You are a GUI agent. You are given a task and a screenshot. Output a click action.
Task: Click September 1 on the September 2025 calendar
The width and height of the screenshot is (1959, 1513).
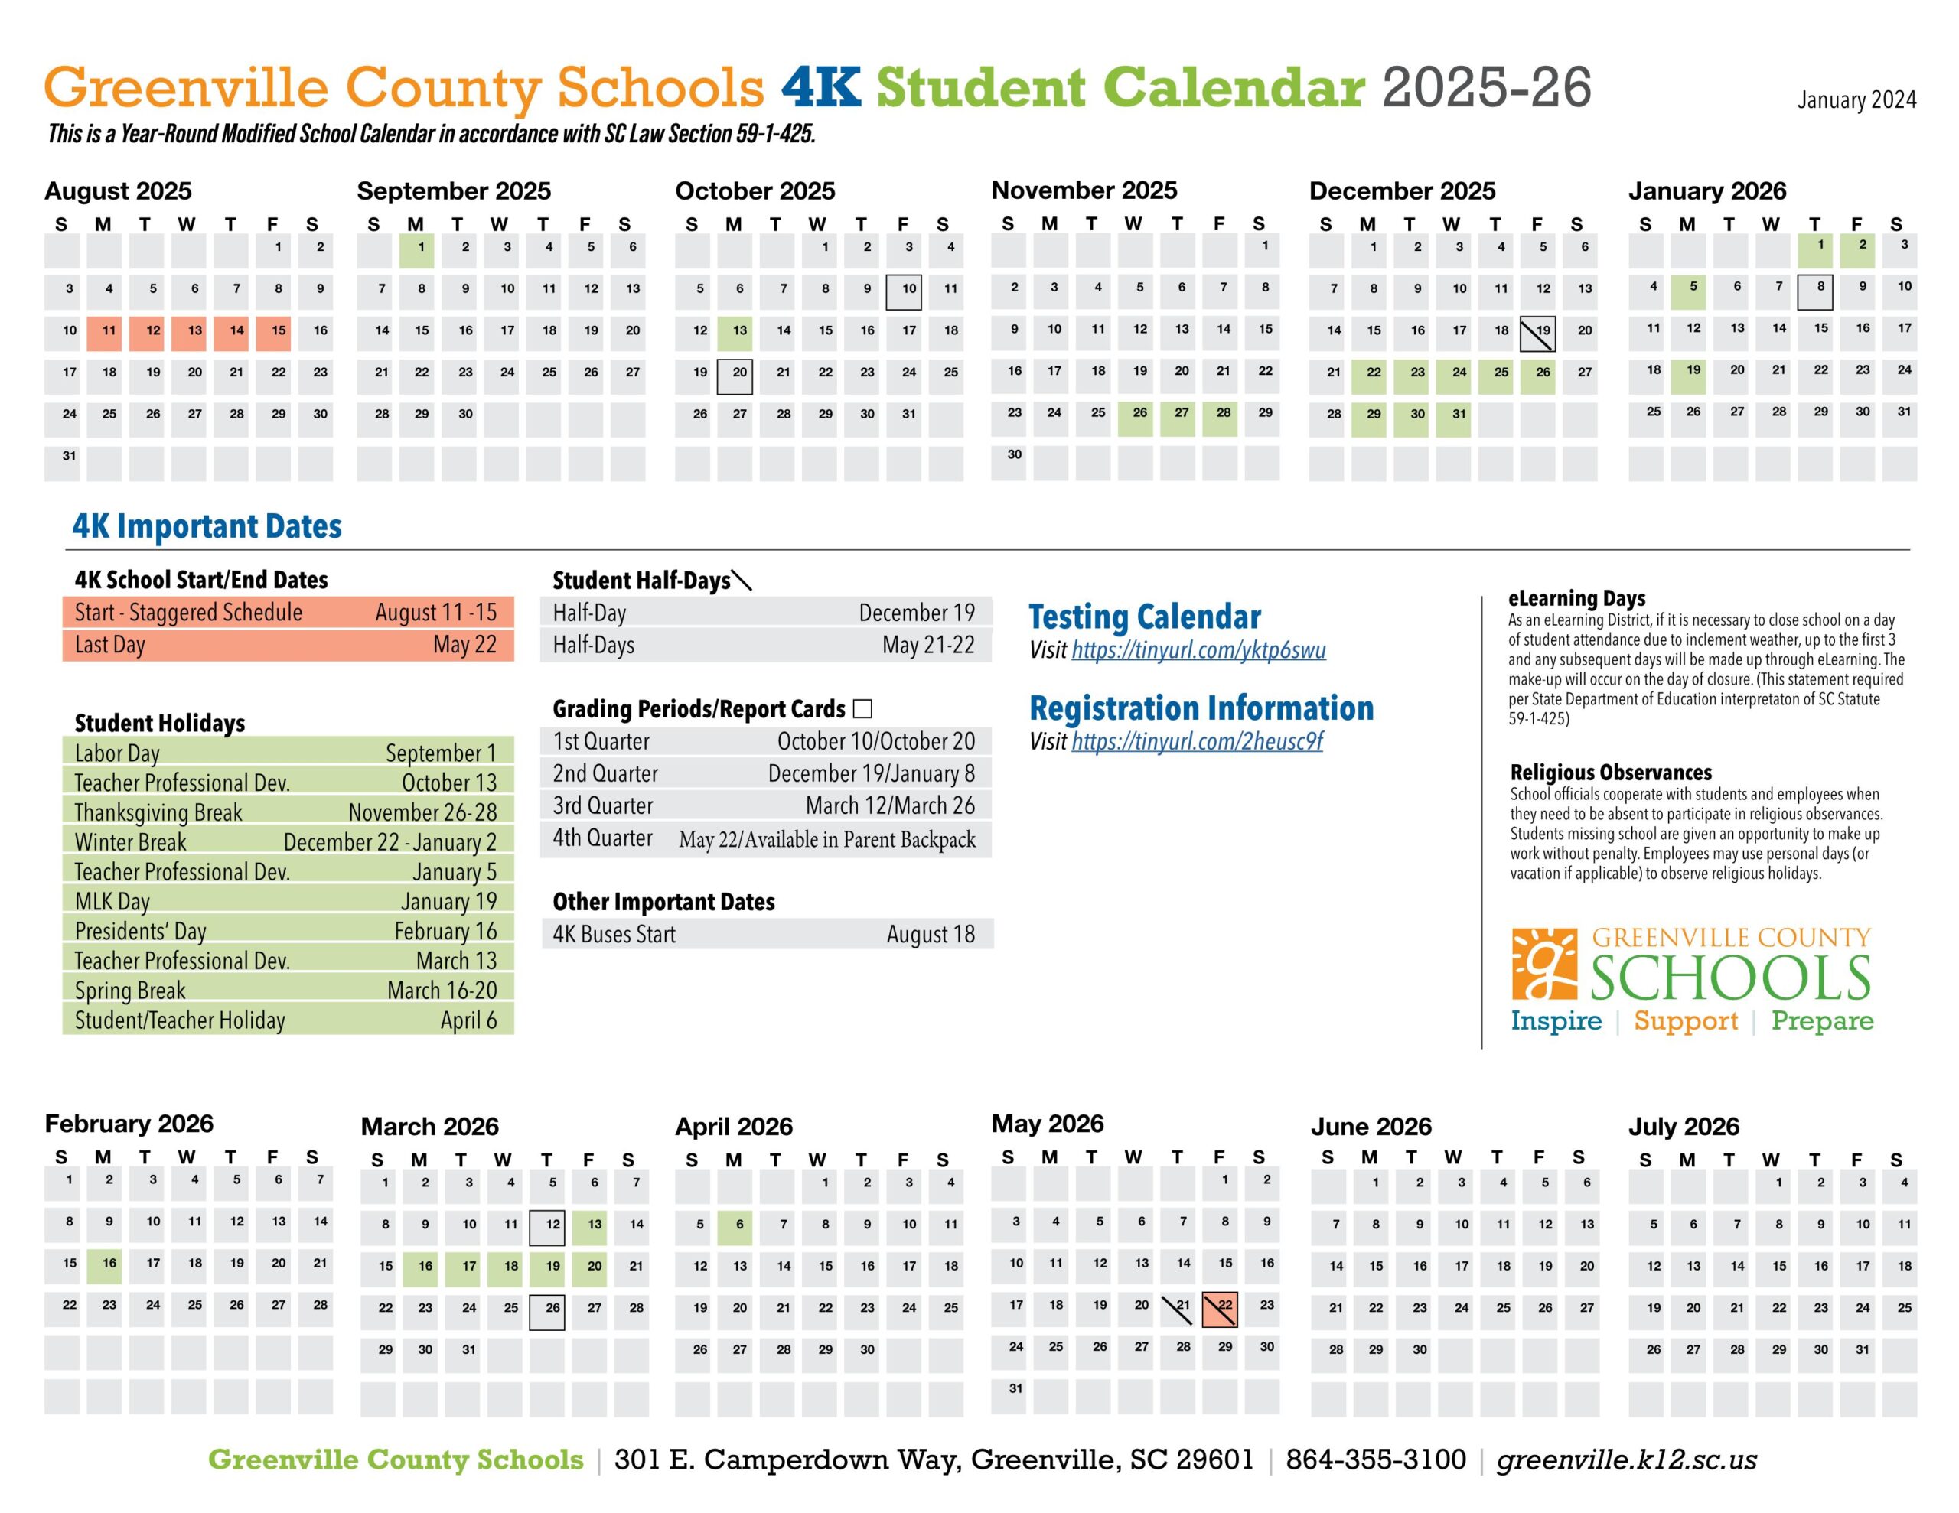417,250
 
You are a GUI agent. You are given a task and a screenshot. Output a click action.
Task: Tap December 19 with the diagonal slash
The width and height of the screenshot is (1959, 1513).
1538,334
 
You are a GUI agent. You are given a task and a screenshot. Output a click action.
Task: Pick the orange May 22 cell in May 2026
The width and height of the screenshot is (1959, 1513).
1220,1309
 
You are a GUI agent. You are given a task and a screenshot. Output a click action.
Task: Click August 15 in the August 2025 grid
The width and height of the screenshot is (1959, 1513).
275,334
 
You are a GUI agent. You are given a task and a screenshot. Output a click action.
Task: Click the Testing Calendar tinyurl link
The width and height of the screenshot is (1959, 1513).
1198,650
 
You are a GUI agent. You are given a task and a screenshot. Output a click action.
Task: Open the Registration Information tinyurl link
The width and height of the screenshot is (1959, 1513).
1197,742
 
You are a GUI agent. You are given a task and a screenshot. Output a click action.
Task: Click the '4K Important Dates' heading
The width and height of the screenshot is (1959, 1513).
207,526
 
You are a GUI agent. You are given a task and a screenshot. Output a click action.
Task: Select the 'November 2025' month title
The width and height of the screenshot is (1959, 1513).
1084,190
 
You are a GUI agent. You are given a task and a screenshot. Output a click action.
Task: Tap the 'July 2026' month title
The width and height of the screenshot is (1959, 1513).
1683,1127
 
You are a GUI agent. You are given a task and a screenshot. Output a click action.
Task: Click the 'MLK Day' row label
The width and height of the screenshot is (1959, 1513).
112,901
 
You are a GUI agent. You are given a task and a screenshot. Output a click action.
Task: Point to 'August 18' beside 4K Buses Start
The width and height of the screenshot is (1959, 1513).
931,935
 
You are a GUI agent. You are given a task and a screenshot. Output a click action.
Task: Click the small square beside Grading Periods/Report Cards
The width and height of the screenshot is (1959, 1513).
863,709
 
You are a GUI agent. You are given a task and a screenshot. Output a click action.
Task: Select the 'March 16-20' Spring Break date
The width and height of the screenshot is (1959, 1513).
442,990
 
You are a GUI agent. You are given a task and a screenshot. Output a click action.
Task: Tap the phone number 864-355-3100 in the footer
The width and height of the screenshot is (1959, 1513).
1376,1460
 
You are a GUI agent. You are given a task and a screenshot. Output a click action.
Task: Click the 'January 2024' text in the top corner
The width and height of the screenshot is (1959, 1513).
1856,100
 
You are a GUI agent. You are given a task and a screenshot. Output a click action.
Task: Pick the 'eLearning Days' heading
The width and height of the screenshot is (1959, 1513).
1576,598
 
